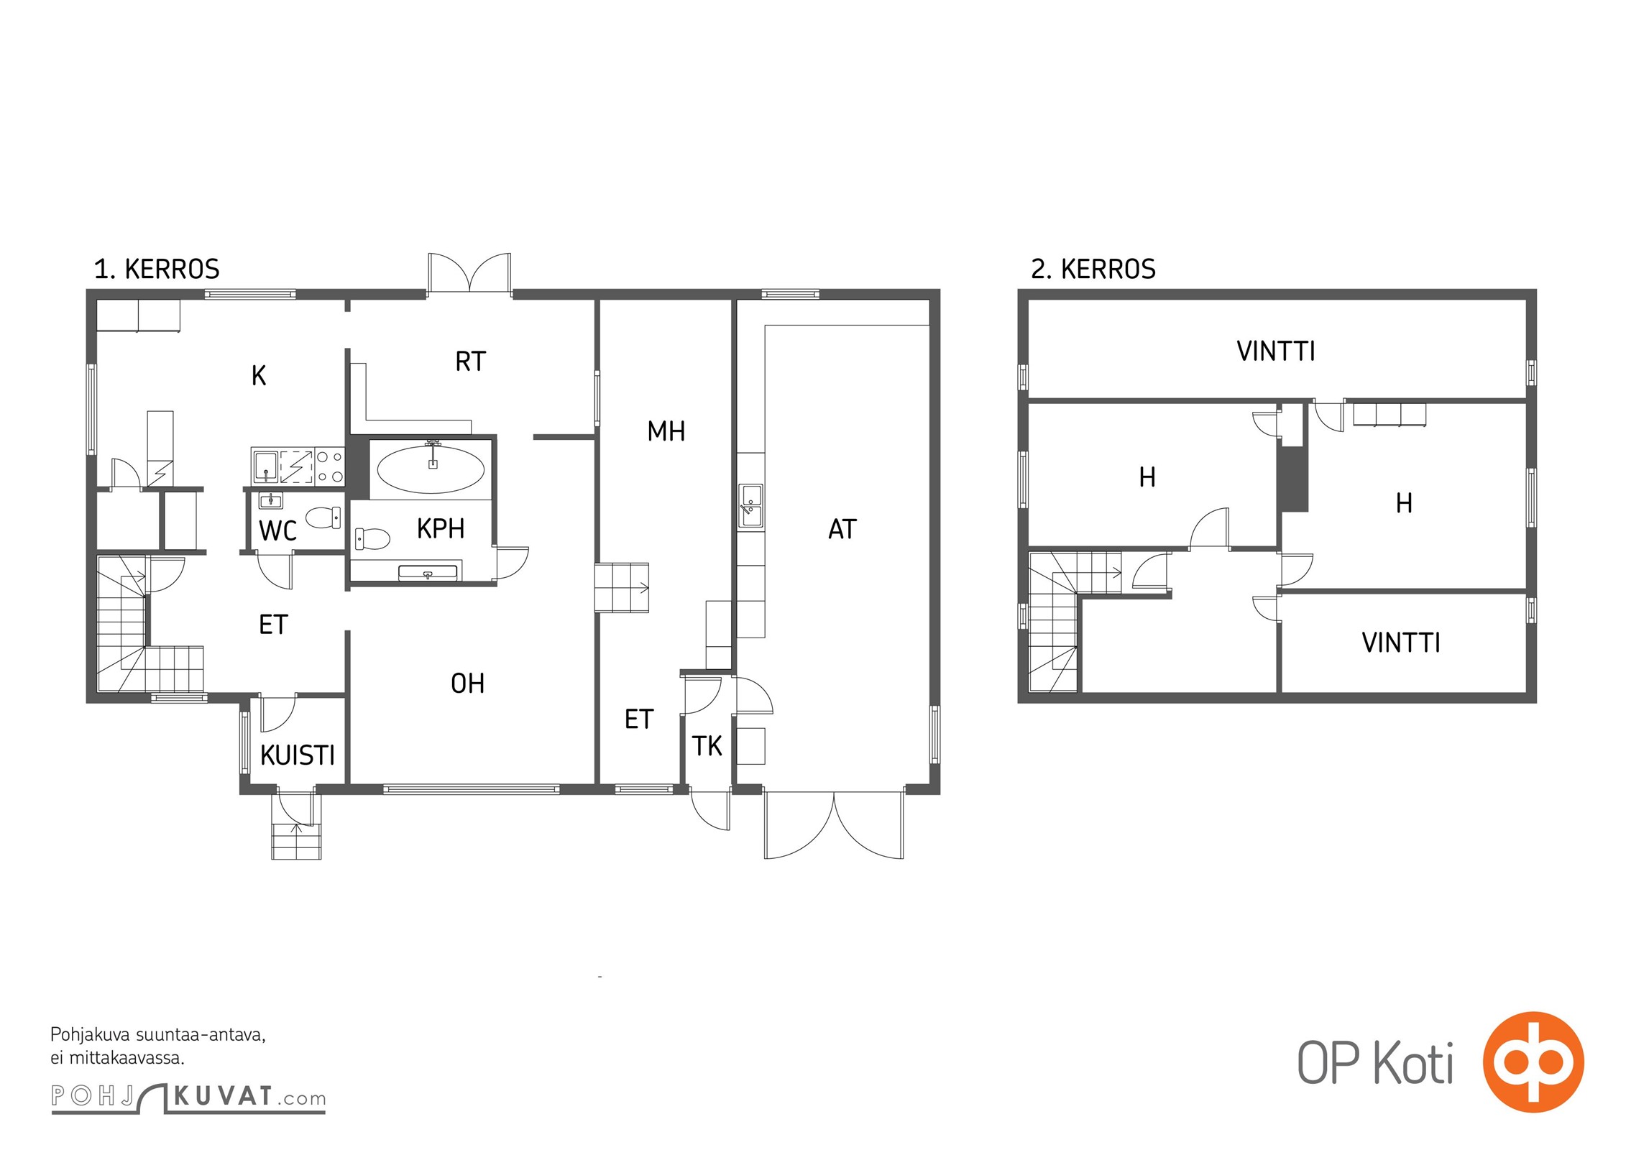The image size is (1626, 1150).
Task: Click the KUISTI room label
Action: [x=298, y=755]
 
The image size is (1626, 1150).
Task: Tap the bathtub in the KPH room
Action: [x=431, y=469]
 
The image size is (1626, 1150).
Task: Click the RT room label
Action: [x=471, y=362]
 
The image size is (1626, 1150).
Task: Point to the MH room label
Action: [x=666, y=431]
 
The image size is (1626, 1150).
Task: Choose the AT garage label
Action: [x=842, y=530]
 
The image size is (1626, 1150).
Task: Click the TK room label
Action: [x=707, y=746]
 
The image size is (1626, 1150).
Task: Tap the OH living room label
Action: [x=467, y=684]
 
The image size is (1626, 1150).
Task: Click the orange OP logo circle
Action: [x=1533, y=1062]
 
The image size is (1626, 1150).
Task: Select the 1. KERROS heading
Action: [x=157, y=270]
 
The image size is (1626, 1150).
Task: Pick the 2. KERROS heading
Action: [x=1093, y=270]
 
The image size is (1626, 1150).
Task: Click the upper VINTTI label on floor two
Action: [x=1276, y=351]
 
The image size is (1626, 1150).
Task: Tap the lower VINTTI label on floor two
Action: [x=1401, y=643]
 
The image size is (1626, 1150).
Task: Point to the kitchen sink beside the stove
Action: [x=266, y=466]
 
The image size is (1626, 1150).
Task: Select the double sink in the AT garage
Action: [x=751, y=505]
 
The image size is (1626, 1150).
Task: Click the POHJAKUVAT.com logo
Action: [x=188, y=1098]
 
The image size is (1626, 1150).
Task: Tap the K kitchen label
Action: [x=259, y=376]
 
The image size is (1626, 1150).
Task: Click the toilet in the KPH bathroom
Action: [x=372, y=538]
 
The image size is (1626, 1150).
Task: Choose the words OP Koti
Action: [x=1376, y=1064]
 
